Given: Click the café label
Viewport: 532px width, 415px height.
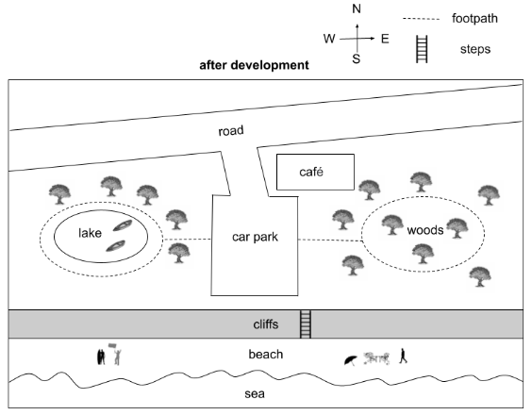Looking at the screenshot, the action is pos(311,172).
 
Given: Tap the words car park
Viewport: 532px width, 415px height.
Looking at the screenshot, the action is pos(255,237).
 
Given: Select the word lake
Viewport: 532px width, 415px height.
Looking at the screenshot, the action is pos(90,233).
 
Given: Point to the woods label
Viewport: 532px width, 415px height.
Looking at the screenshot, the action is pos(425,230).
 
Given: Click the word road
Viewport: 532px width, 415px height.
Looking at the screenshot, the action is pos(231,131).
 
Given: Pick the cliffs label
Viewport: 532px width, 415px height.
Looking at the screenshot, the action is pos(266,324).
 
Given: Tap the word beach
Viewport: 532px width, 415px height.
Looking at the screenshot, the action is pos(266,355).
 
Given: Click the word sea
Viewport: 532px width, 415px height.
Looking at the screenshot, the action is pos(255,394).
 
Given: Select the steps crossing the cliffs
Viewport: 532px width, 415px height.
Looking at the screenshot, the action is pos(306,324).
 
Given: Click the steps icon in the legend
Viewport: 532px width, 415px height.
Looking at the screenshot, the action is pos(422,49).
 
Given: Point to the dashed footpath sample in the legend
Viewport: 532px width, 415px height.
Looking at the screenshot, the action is pos(421,19).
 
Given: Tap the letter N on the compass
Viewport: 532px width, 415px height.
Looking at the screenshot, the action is pos(357,8).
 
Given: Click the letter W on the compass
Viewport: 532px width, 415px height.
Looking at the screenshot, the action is pos(329,39).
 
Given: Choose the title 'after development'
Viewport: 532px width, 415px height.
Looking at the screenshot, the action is pos(254,65).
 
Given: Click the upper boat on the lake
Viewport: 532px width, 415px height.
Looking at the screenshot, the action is pos(123,225).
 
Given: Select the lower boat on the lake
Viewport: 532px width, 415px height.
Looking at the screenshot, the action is pos(116,245).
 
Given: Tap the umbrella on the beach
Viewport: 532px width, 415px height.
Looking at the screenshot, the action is pos(351,360).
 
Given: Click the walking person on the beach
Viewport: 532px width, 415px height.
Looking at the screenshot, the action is pos(403,356).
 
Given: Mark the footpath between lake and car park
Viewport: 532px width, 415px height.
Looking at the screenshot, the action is pos(187,240).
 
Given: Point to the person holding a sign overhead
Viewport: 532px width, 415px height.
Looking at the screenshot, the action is pos(115,354).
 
